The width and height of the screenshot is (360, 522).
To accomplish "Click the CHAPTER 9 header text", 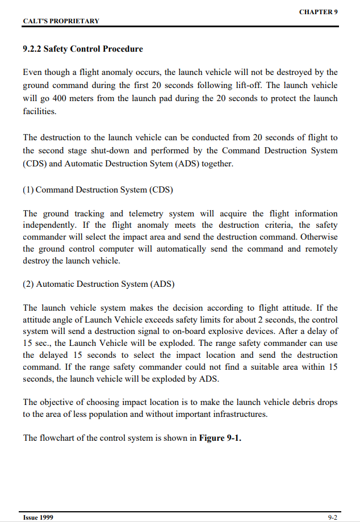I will click(x=318, y=12).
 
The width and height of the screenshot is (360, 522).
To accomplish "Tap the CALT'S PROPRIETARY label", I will click(x=61, y=21).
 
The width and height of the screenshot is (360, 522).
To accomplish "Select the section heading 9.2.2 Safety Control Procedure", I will click(x=83, y=49).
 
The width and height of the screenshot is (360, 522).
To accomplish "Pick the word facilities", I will click(x=40, y=111).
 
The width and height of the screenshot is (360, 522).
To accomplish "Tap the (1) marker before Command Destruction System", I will click(x=28, y=190).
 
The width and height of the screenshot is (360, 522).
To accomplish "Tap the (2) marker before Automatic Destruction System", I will click(x=28, y=284).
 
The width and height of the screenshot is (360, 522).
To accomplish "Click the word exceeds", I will click(x=161, y=320).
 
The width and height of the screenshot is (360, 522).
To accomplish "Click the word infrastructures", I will click(x=236, y=414).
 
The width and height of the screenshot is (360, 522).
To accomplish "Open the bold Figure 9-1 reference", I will click(x=220, y=438).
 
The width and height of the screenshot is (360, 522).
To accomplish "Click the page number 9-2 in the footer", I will click(x=333, y=517).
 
